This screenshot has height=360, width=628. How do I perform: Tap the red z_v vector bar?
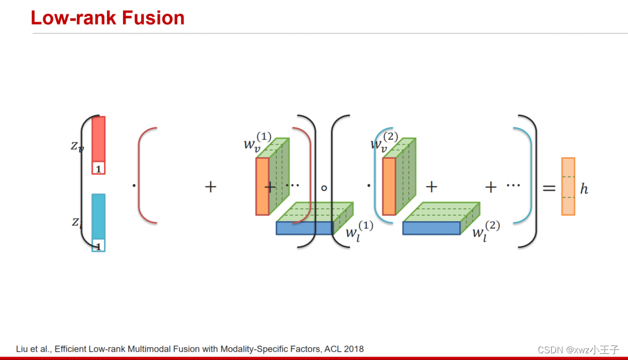pyautogui.click(x=99, y=138)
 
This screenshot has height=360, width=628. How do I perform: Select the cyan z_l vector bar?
pyautogui.click(x=98, y=216)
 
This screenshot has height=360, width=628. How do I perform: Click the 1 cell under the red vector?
pyautogui.click(x=99, y=168)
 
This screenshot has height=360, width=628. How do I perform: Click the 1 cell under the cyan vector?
pyautogui.click(x=98, y=245)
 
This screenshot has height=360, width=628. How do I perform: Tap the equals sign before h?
pyautogui.click(x=549, y=188)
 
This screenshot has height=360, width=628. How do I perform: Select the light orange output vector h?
pyautogui.click(x=568, y=187)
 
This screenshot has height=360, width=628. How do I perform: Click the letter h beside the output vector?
pyautogui.click(x=584, y=189)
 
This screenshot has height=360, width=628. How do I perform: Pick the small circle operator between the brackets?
pyautogui.click(x=324, y=188)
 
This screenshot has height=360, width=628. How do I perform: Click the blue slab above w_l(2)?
pyautogui.click(x=431, y=228)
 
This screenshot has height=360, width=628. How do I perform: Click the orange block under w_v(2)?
pyautogui.click(x=389, y=186)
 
